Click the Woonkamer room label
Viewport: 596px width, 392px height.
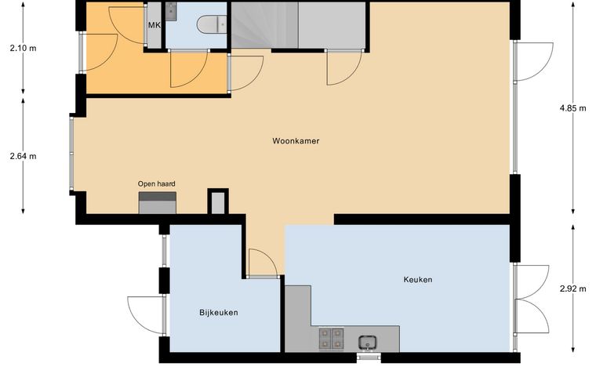coord(296,141)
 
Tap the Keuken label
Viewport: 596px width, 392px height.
coord(418,280)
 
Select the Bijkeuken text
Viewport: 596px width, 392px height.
coord(219,313)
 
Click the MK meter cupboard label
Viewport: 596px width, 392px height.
coord(154,25)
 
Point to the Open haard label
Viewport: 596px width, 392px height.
coord(157,183)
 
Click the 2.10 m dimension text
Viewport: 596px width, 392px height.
coord(24,49)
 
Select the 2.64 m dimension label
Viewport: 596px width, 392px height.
coord(24,156)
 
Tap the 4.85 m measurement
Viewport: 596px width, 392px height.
coord(572,108)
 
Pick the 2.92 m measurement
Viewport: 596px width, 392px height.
coord(572,289)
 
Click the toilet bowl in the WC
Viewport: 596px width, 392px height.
coord(212,24)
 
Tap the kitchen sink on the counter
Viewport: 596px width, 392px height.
coord(368,343)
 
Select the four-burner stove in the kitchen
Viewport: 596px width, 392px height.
coord(331,339)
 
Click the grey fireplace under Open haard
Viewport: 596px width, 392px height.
coord(158,203)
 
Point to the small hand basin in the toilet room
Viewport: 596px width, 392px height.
coord(171,11)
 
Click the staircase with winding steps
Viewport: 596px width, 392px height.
coord(264,25)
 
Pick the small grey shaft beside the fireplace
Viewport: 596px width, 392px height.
coord(218,203)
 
